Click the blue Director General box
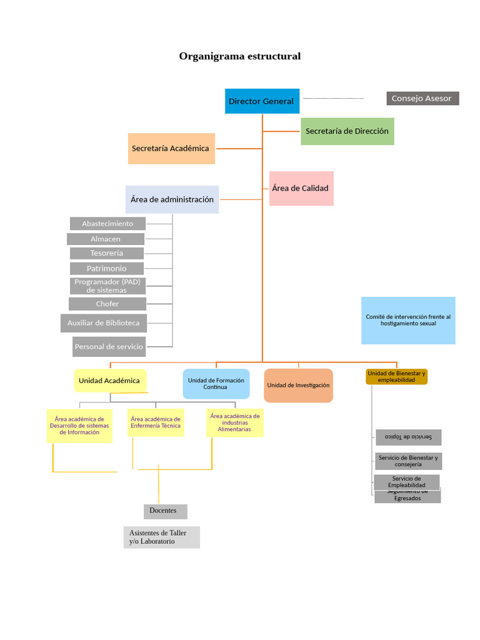pyautogui.click(x=262, y=101)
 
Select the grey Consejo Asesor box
pyautogui.click(x=422, y=98)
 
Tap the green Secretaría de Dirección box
pyautogui.click(x=347, y=131)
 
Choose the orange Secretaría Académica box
pyautogui.click(x=171, y=149)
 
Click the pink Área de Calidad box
pyautogui.click(x=301, y=188)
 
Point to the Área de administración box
pyautogui.click(x=172, y=199)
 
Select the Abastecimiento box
pyautogui.click(x=107, y=224)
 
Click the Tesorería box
pyautogui.click(x=107, y=253)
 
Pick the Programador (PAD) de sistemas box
pyautogui.click(x=107, y=286)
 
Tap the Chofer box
pyautogui.click(x=107, y=304)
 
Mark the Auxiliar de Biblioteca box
pyautogui.click(x=104, y=323)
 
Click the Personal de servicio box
pyautogui.click(x=109, y=346)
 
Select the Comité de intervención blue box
pyautogui.click(x=408, y=320)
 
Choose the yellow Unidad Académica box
pyautogui.click(x=110, y=381)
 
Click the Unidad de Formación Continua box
pyautogui.click(x=216, y=384)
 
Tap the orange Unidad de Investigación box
pyautogui.click(x=298, y=386)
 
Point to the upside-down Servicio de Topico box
pyautogui.click(x=409, y=437)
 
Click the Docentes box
pyautogui.click(x=165, y=511)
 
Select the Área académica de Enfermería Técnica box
pyautogui.click(x=156, y=422)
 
